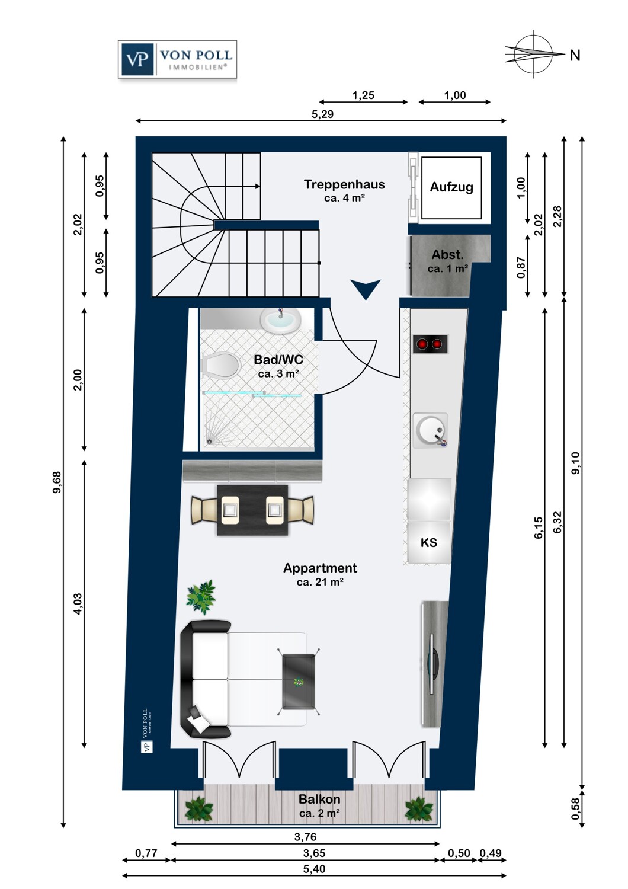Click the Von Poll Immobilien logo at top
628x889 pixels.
click(177, 59)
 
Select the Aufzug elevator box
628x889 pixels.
click(451, 187)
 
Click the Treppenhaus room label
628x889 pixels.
click(344, 185)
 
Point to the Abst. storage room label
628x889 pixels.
click(447, 255)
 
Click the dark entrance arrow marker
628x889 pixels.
click(365, 289)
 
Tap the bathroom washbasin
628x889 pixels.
click(280, 321)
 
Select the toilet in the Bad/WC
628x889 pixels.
click(220, 366)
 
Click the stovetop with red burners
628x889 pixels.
click(430, 344)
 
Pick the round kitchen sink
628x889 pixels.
click(430, 430)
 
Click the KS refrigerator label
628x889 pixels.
click(429, 542)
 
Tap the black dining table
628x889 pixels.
click(252, 510)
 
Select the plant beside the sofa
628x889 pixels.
click(201, 596)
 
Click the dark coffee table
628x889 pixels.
click(299, 682)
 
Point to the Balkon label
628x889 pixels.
click(319, 800)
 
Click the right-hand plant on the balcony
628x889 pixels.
click(419, 809)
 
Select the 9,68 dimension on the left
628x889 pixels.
click(57, 482)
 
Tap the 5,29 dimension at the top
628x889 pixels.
click(322, 114)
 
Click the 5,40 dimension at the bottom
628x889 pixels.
click(314, 869)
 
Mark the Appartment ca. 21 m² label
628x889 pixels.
click(320, 574)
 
